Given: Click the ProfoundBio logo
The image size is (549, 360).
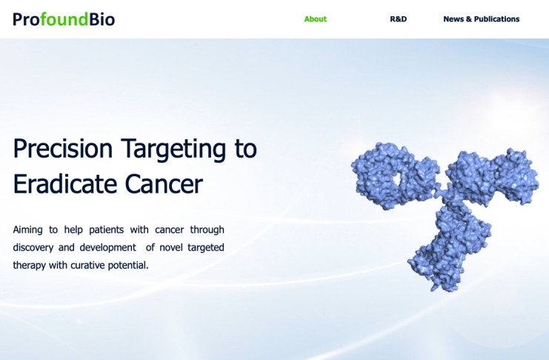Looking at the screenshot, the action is (x=64, y=19).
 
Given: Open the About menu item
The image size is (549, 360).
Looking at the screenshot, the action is (x=315, y=19).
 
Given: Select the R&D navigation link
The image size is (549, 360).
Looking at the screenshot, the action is (x=398, y=19).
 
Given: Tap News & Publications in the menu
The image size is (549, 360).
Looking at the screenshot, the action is (x=482, y=19).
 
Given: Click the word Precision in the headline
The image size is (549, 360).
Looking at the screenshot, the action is (x=63, y=148).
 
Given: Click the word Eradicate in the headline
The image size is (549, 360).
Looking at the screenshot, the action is (x=64, y=184).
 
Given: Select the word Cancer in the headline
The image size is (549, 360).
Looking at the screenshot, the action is (x=164, y=184).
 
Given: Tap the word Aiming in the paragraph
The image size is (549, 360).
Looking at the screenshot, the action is (x=27, y=230).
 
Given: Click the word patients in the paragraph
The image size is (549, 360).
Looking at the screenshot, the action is (x=106, y=230).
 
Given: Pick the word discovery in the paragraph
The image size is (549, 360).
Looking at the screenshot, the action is (x=33, y=247).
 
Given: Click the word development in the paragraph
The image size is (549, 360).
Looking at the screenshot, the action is (x=108, y=247).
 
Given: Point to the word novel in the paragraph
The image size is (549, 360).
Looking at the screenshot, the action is (x=170, y=247).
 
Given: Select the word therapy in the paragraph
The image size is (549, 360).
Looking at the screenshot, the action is (x=29, y=265).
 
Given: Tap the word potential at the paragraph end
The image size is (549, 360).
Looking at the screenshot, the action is (x=127, y=265).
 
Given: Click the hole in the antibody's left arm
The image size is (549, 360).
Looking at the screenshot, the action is (x=397, y=179).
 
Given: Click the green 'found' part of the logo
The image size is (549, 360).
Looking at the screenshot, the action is (x=64, y=19).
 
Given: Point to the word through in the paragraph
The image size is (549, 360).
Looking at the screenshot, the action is (x=207, y=230).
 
